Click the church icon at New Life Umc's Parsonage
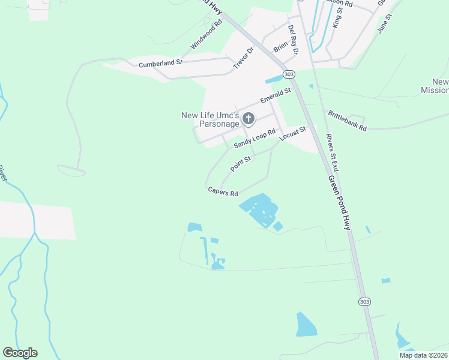(x=249, y=119)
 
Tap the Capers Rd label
(x=223, y=192)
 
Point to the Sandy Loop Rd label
(x=255, y=139)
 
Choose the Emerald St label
(x=275, y=96)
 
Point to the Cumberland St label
(x=160, y=63)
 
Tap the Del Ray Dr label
(x=293, y=40)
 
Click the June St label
(x=384, y=25)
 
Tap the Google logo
(x=20, y=353)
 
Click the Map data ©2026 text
(x=423, y=355)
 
